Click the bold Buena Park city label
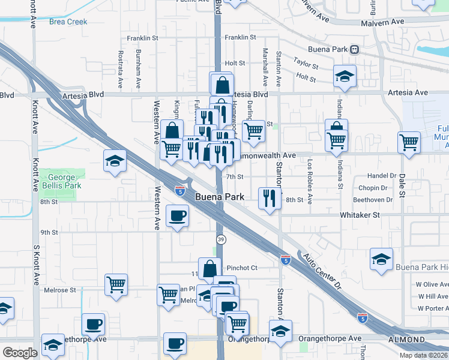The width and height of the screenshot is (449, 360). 219,197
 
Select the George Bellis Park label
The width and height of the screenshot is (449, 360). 59,182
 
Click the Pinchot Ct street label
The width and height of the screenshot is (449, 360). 241,268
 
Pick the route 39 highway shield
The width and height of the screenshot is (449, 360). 221,239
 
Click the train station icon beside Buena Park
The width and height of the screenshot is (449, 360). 355,49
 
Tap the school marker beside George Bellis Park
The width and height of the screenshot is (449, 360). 115,160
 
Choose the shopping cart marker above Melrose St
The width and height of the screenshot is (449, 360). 115,284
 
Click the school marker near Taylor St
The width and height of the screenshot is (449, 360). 345,76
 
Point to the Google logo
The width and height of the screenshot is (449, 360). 19,353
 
